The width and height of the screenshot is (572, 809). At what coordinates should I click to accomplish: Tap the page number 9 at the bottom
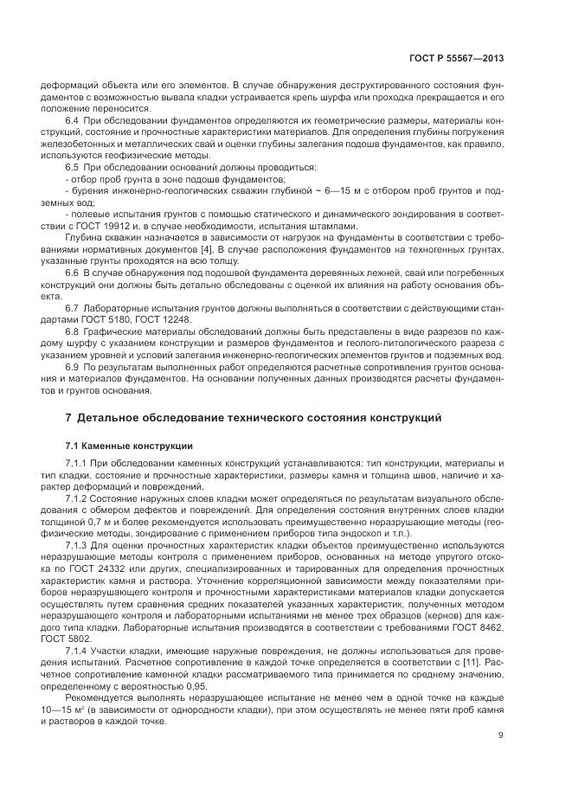click(501, 735)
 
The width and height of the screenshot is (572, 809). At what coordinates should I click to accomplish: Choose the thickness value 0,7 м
click(95, 516)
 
